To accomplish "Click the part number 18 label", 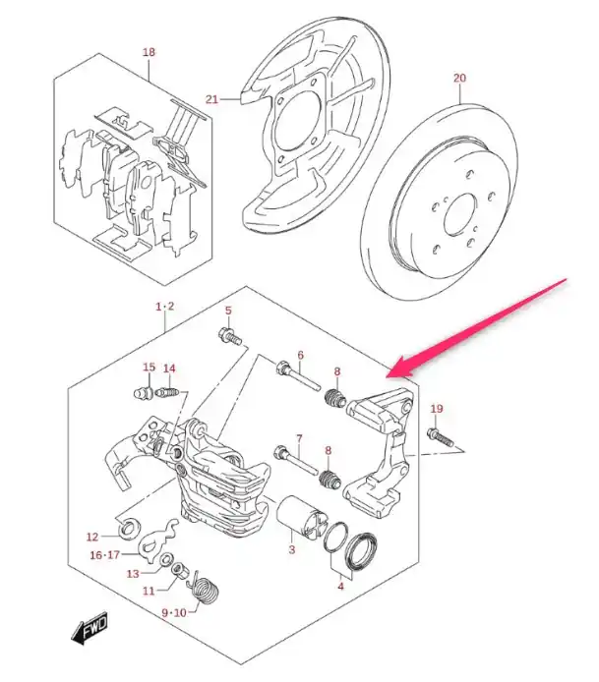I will pyautogui.click(x=149, y=51).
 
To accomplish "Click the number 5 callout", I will pyautogui.click(x=227, y=312).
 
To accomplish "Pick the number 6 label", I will pyautogui.click(x=300, y=356).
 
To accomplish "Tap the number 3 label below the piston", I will pyautogui.click(x=291, y=549).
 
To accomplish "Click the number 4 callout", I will pyautogui.click(x=339, y=588).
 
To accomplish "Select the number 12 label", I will pyautogui.click(x=92, y=537).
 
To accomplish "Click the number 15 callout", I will pyautogui.click(x=149, y=368).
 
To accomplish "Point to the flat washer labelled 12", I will pyautogui.click(x=127, y=532).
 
